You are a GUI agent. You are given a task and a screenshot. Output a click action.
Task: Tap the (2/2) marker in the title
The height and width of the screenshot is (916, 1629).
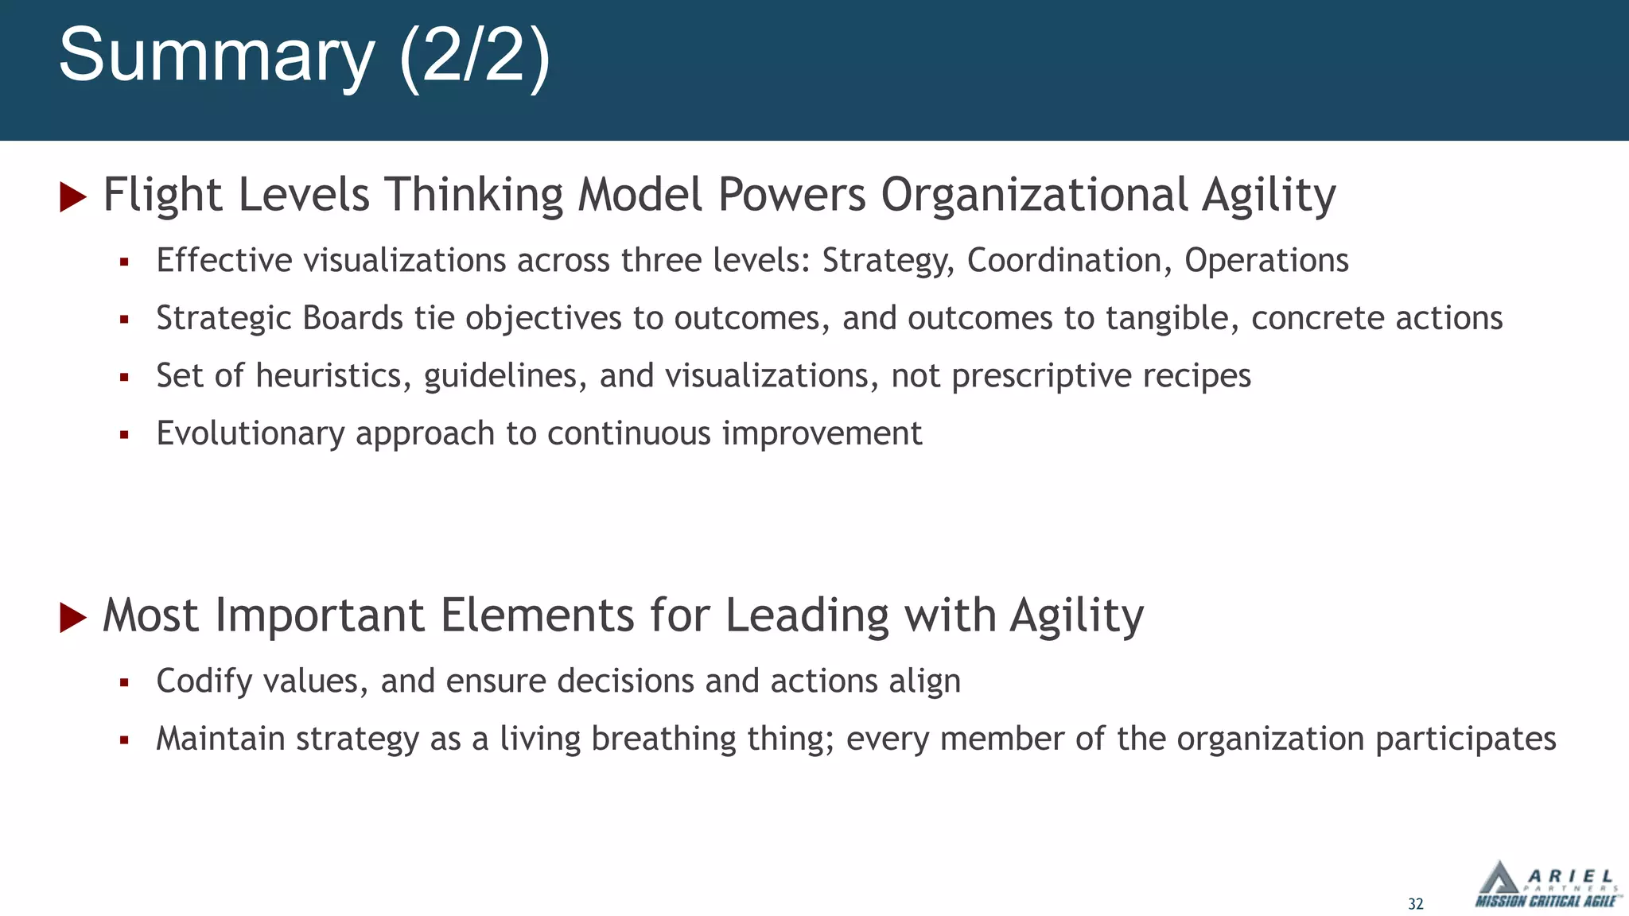(x=475, y=56)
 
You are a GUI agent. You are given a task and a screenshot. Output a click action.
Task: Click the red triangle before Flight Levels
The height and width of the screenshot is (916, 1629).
(x=73, y=197)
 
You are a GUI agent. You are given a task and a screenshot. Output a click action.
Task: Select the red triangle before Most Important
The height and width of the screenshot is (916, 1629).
(x=73, y=618)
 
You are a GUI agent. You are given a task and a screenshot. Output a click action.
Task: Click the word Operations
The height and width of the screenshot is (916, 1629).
(x=1266, y=261)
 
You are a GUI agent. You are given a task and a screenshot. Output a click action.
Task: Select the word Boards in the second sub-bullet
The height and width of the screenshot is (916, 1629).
(x=353, y=318)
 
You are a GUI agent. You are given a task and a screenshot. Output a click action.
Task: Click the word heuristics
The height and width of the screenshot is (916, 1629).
(x=333, y=376)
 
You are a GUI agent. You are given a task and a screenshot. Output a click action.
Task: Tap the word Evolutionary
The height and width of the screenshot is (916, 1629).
(x=251, y=434)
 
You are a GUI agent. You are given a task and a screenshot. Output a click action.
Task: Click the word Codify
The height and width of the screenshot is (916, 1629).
(x=204, y=681)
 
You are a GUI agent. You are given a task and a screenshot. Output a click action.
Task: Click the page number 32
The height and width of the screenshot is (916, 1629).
(x=1416, y=904)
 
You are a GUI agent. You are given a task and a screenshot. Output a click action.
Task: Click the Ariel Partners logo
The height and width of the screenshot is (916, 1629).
(x=1546, y=884)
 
